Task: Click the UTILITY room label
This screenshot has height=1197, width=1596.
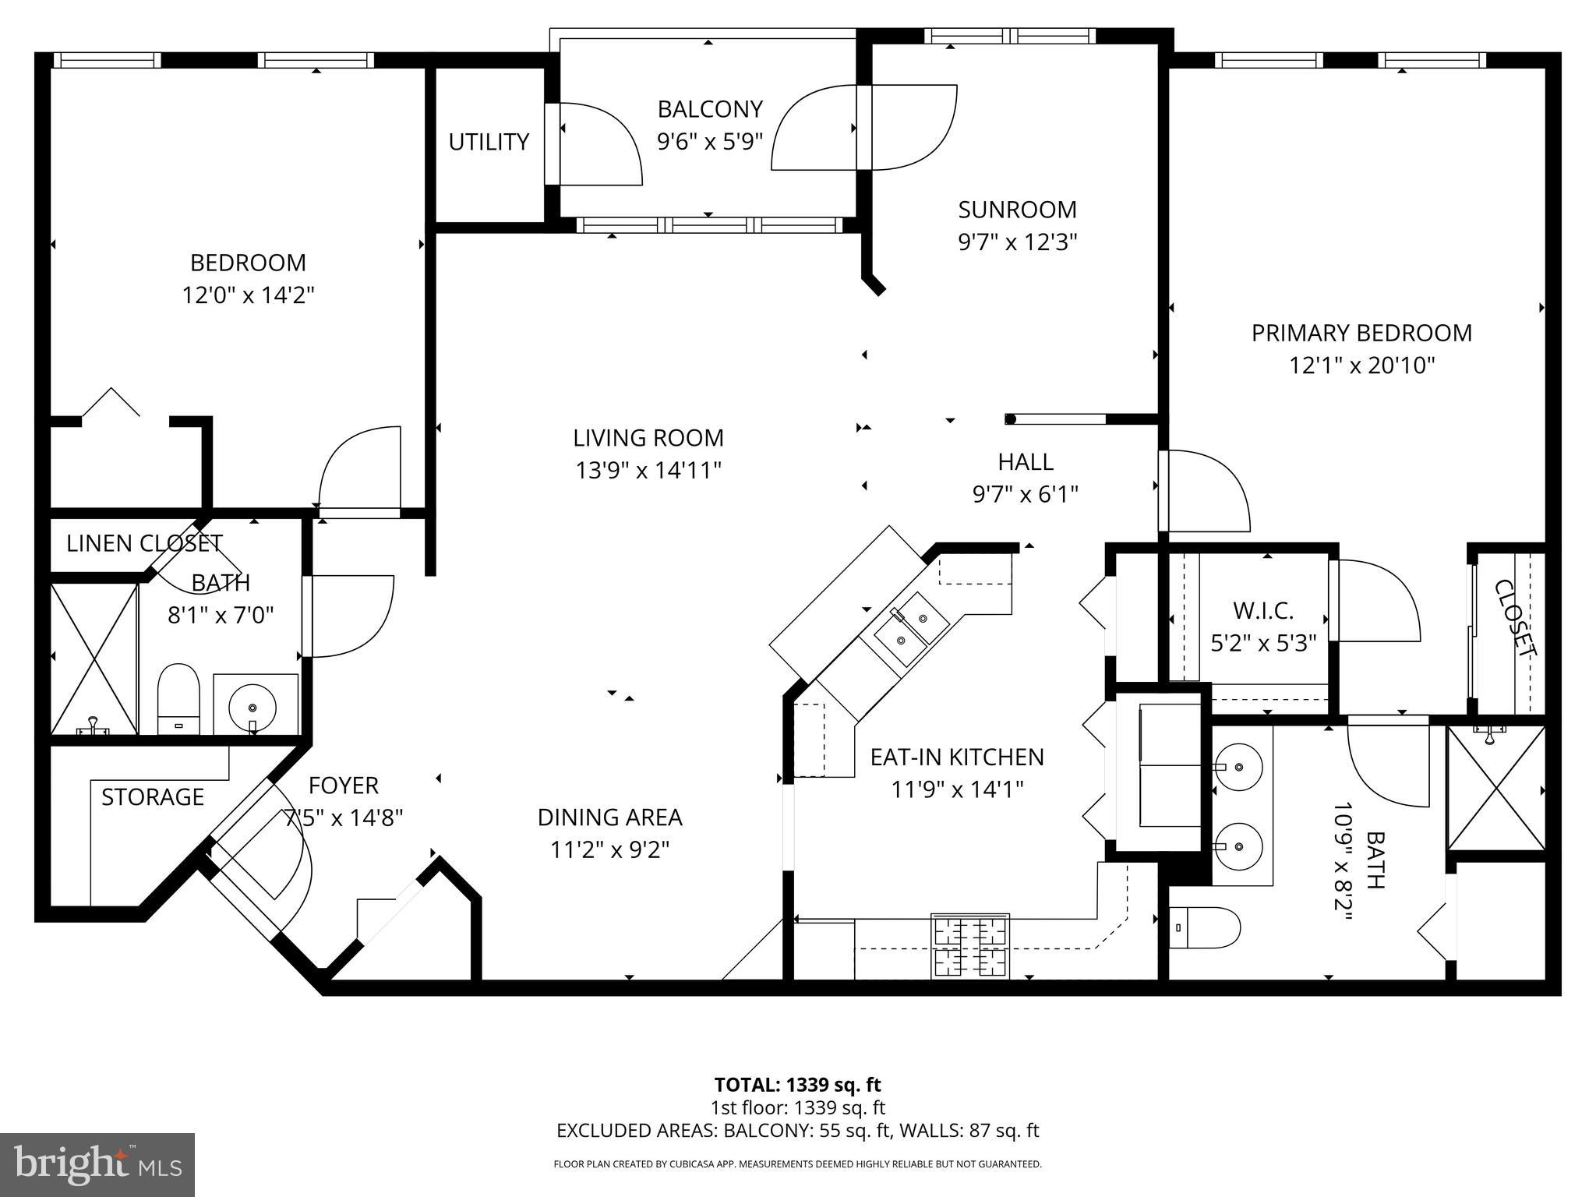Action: [489, 142]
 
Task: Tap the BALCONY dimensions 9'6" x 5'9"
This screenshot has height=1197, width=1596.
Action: [709, 142]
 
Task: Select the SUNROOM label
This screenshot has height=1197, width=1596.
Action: [1017, 210]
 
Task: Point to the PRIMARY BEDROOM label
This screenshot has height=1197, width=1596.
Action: [1361, 333]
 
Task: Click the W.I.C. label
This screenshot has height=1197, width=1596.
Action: [1262, 610]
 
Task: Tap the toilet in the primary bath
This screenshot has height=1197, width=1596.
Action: [1205, 927]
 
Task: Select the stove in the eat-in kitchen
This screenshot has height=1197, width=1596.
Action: [970, 946]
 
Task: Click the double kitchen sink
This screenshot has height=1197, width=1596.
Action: [910, 630]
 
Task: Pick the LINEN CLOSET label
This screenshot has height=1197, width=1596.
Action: [144, 543]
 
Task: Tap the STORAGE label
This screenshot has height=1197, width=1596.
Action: [153, 796]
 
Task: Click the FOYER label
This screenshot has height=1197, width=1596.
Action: [344, 785]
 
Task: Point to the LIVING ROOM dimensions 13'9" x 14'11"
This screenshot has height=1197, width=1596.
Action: [648, 471]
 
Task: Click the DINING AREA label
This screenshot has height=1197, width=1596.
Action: [609, 817]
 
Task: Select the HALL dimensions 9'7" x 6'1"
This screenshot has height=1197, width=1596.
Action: [1026, 495]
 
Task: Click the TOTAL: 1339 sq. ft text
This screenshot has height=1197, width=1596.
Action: [797, 1085]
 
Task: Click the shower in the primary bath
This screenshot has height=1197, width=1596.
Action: [1495, 789]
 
